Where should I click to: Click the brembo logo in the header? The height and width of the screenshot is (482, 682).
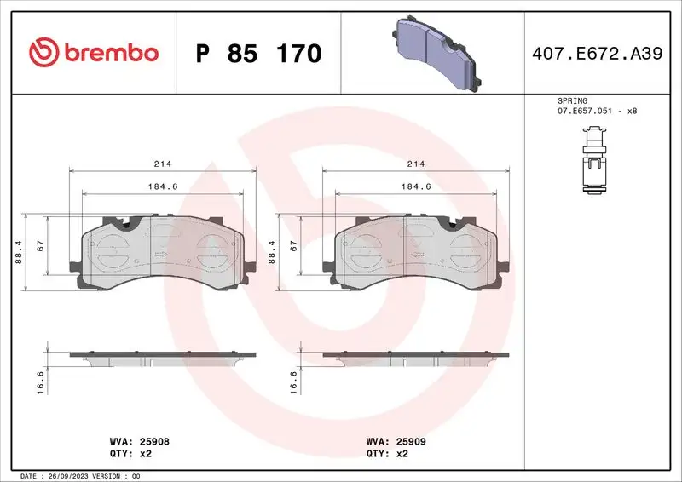94,53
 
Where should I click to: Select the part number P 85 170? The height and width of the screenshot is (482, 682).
258,54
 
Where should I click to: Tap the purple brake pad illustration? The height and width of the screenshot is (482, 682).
436,54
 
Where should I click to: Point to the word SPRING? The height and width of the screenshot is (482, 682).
572,100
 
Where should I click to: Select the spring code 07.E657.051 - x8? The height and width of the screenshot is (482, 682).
597,111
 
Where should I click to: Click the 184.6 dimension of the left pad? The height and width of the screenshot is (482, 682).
161,186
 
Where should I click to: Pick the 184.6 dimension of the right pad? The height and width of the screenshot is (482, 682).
416,186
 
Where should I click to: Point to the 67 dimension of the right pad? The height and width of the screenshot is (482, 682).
293,245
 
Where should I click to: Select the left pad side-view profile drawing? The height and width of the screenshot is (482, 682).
162,357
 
